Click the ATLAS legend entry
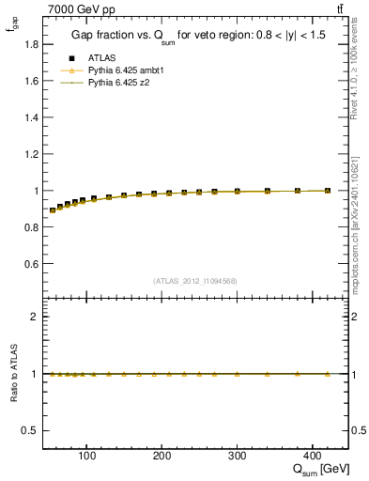(x=100, y=57)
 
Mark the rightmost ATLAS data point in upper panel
(x=327, y=191)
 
